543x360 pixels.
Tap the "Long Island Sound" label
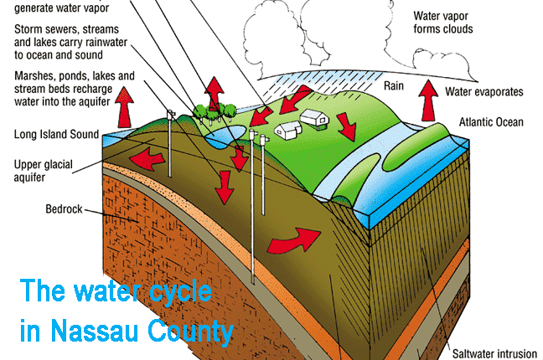point(57,134)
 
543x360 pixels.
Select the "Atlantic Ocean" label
point(491,122)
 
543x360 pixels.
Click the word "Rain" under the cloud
point(395,85)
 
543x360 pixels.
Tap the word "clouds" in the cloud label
point(456,29)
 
